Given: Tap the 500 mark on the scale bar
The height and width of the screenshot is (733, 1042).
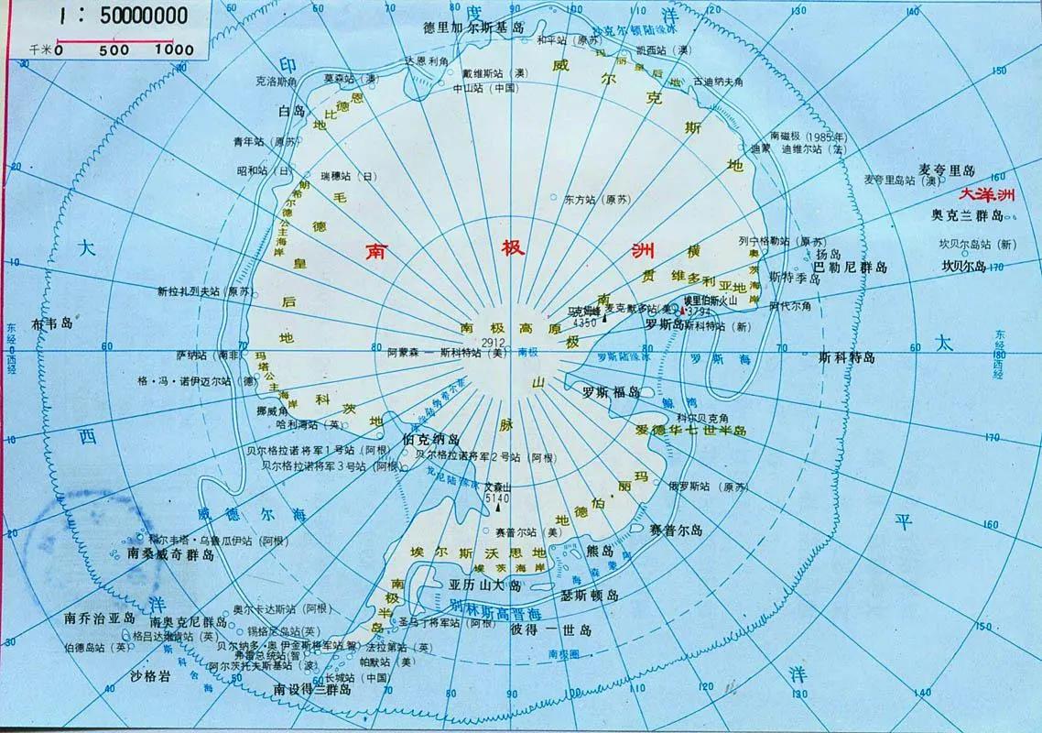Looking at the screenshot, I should coord(114,50).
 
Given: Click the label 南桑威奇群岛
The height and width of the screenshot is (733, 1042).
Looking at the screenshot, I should coord(174,554).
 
